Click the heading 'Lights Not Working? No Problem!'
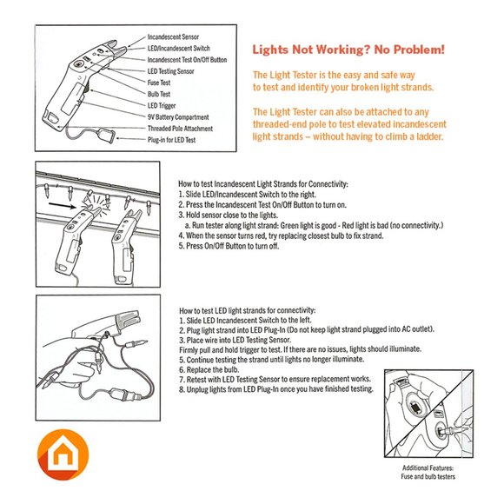pyautogui.click(x=348, y=50)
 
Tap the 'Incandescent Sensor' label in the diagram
pyautogui.click(x=173, y=37)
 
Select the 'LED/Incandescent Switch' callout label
pyautogui.click(x=179, y=48)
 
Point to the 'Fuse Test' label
pyautogui.click(x=159, y=83)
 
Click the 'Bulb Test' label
pyautogui.click(x=159, y=94)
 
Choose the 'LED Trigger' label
pyautogui.click(x=162, y=105)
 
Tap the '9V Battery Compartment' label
pyautogui.click(x=178, y=117)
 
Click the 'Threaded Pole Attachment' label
pyautogui.click(x=180, y=129)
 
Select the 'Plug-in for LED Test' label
pyautogui.click(x=171, y=140)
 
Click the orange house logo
pyautogui.click(x=63, y=454)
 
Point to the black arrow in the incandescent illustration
pyautogui.click(x=62, y=206)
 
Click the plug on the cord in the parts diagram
pyautogui.click(x=107, y=136)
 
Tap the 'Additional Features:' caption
pyautogui.click(x=428, y=468)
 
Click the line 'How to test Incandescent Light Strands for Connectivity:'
pyautogui.click(x=263, y=184)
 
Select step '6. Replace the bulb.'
pyautogui.click(x=209, y=369)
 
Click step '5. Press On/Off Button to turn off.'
pyautogui.click(x=229, y=246)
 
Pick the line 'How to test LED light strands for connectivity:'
pyautogui.click(x=247, y=310)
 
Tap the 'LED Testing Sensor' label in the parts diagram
pyautogui.click(x=170, y=71)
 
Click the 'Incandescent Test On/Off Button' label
pyautogui.click(x=187, y=60)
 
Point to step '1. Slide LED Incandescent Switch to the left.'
pyautogui.click(x=245, y=321)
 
